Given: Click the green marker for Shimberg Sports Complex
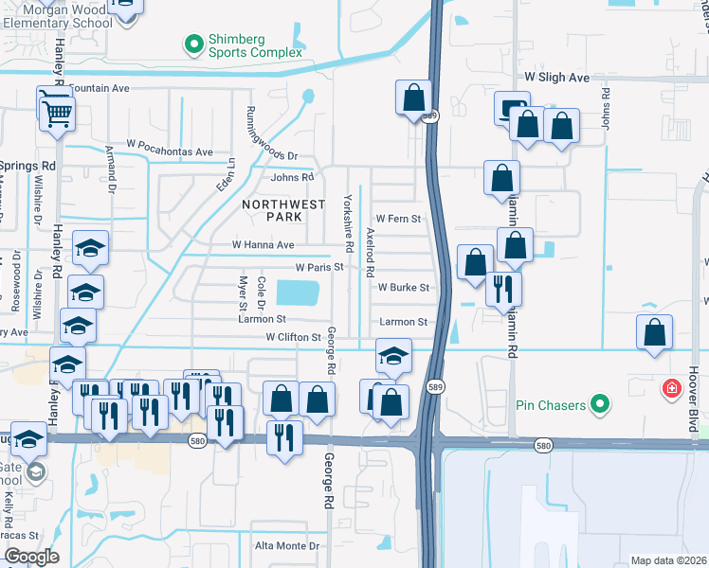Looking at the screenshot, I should [x=194, y=43].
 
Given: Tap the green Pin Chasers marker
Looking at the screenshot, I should [x=599, y=405].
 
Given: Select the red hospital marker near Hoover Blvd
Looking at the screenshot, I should [x=671, y=388].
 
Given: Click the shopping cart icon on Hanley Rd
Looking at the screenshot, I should [x=58, y=114].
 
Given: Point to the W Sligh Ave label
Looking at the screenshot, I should [x=551, y=79].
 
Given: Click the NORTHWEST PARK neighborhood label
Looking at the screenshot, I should [x=272, y=210].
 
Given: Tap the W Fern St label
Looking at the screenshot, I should [x=398, y=219].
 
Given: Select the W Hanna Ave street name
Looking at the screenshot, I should [x=264, y=244].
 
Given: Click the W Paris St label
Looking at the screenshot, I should [x=318, y=268].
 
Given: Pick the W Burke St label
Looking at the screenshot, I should [x=404, y=287].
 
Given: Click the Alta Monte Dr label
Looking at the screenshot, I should [x=288, y=546].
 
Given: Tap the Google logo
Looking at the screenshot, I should [x=30, y=557].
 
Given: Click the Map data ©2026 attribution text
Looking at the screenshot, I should [x=668, y=560].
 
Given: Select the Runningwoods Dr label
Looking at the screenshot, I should [x=272, y=130].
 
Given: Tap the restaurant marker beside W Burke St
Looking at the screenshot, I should [x=503, y=287].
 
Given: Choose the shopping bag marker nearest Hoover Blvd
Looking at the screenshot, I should [x=654, y=333].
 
